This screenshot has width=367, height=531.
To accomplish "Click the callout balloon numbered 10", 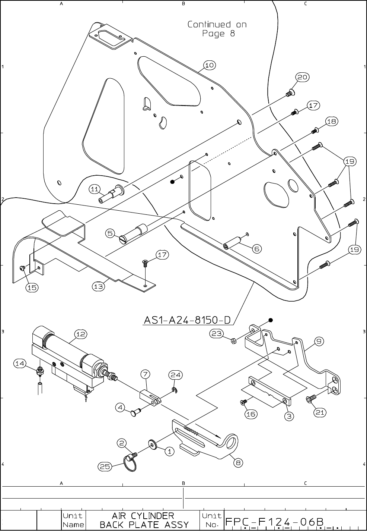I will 210,65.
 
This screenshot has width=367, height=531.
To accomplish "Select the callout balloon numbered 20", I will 303,77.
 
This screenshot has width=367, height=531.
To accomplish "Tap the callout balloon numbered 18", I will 332,122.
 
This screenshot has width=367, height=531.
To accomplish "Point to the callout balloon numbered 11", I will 95,189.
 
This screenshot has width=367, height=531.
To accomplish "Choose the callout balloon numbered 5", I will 111,233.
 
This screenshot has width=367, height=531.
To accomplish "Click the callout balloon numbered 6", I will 257,249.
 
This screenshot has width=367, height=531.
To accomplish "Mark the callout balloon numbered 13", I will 98,286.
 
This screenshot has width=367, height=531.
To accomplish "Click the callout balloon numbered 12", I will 81,334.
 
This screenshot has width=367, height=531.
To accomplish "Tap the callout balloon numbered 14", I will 20,363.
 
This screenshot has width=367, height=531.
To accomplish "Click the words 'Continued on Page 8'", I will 217,29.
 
